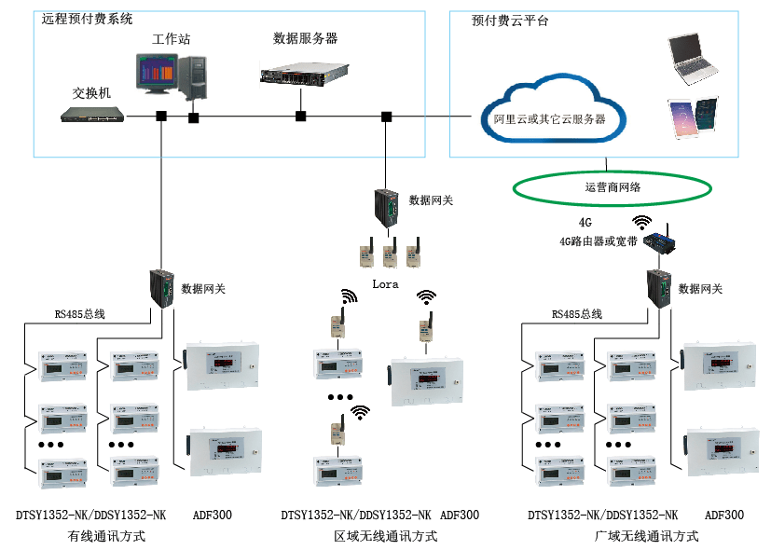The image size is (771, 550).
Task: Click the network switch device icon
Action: click(92, 115)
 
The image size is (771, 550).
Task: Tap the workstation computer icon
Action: click(173, 76)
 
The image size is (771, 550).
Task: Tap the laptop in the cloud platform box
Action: click(695, 58)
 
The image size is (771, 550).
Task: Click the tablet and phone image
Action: click(694, 119)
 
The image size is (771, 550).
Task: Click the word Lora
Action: click(386, 282)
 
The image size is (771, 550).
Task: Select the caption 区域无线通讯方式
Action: click(386, 536)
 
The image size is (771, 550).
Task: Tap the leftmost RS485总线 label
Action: click(79, 314)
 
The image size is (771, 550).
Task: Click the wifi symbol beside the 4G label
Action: click(641, 222)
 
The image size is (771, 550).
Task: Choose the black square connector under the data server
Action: click(300, 117)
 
